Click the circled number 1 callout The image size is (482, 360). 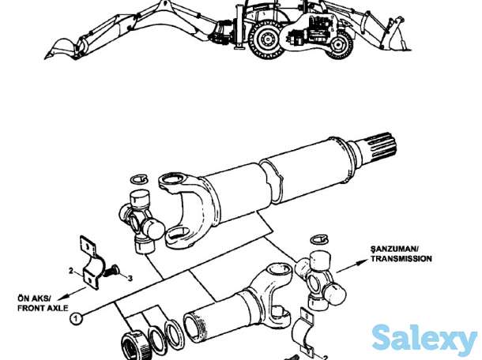(76, 318)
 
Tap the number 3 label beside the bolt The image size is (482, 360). (130, 279)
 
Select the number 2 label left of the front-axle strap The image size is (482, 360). (71, 271)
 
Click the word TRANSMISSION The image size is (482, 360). (401, 259)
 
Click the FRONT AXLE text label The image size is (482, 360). (43, 308)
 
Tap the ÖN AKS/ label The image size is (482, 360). (34, 298)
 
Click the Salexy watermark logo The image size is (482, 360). (424, 339)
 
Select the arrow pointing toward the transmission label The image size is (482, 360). (352, 266)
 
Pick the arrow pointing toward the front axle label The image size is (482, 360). (72, 294)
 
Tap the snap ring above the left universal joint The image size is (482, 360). (139, 179)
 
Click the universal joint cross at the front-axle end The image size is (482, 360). (141, 220)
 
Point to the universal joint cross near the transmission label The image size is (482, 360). (321, 279)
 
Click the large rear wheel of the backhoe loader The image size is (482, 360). (266, 39)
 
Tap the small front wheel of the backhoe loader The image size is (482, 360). (339, 45)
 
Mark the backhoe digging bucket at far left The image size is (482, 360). (64, 49)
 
